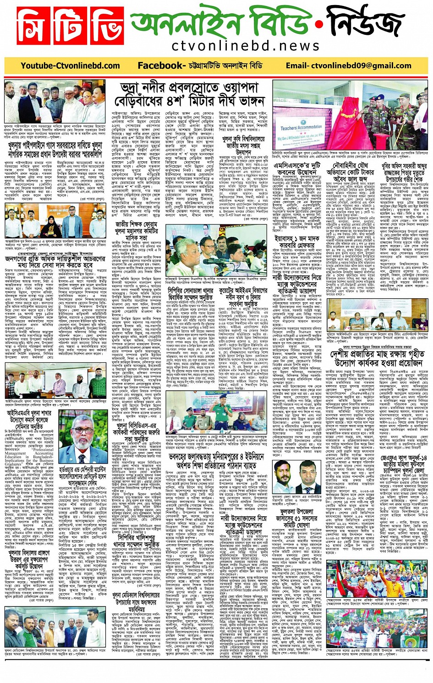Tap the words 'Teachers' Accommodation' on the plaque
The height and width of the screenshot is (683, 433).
pyautogui.click(x=301, y=128)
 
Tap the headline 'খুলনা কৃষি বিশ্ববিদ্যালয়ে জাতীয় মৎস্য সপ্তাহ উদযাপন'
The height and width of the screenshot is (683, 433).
pyautogui.click(x=243, y=146)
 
